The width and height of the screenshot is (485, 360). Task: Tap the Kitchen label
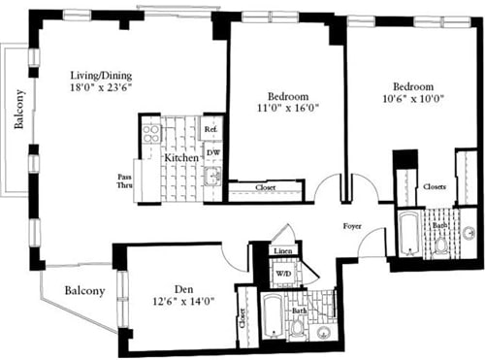pos(180,157)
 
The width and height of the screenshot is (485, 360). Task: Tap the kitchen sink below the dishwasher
pos(211,176)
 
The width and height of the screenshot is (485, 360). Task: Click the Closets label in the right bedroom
pos(435,185)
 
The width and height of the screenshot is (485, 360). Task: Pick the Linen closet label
pos(282,252)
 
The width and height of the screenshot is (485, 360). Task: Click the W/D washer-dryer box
pos(283,273)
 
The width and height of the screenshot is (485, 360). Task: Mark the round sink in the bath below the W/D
pos(323,332)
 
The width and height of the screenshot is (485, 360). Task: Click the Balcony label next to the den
pos(85,290)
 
